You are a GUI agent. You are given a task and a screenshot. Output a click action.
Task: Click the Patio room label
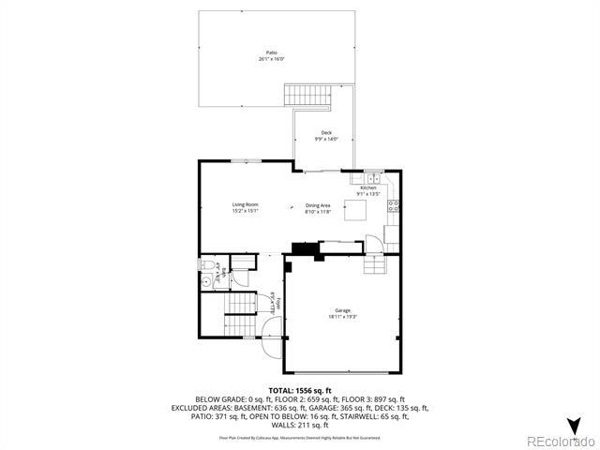[271, 52]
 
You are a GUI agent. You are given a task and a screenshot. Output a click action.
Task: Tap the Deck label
[326, 133]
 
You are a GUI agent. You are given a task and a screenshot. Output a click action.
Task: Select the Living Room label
[246, 204]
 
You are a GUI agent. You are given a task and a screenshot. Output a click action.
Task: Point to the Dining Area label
[318, 205]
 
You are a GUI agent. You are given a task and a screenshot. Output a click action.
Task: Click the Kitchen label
[367, 188]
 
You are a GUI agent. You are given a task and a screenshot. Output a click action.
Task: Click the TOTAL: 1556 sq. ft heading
[300, 389]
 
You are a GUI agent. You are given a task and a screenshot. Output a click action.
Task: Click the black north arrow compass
[574, 425]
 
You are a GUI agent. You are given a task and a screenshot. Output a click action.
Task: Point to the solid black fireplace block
[304, 248]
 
